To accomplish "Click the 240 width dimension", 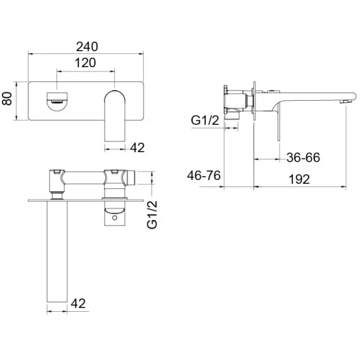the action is pyautogui.click(x=87, y=47).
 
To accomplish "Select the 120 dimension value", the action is pyautogui.click(x=86, y=63).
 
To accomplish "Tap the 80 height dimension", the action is pyautogui.click(x=7, y=98).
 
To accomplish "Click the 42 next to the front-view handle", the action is pyautogui.click(x=138, y=148).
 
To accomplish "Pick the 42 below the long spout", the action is pyautogui.click(x=78, y=304).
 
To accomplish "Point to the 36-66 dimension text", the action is pyautogui.click(x=304, y=157).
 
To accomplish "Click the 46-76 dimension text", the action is pyautogui.click(x=203, y=176).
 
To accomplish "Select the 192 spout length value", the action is pyautogui.click(x=299, y=179).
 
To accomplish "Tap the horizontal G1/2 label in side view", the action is pyautogui.click(x=205, y=120).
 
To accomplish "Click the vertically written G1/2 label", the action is pyautogui.click(x=152, y=215).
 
